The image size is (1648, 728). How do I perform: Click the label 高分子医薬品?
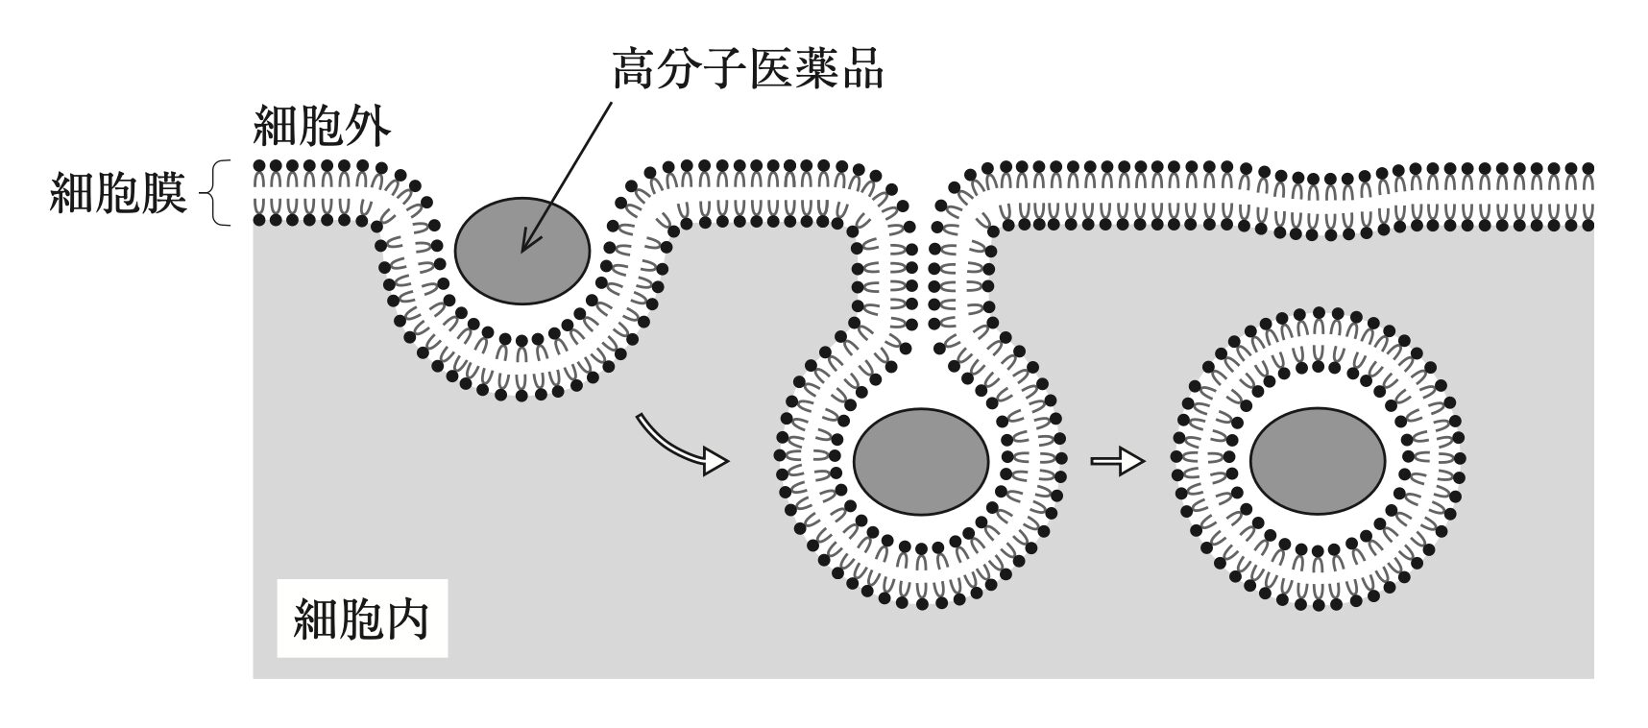[x=747, y=68]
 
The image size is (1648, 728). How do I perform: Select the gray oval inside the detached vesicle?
[x=1318, y=463]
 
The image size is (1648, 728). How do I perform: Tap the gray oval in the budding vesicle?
[x=921, y=463]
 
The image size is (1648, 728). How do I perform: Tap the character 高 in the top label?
[x=636, y=68]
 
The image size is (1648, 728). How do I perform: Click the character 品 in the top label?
[x=860, y=68]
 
